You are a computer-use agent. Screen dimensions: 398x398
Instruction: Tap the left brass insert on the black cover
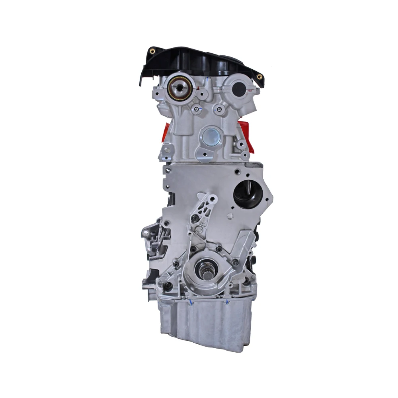[152, 51]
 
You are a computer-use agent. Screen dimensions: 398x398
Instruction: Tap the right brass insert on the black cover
[259, 76]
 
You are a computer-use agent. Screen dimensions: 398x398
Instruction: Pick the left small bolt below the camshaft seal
[196, 108]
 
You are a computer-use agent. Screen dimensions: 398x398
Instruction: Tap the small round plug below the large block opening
[230, 216]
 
